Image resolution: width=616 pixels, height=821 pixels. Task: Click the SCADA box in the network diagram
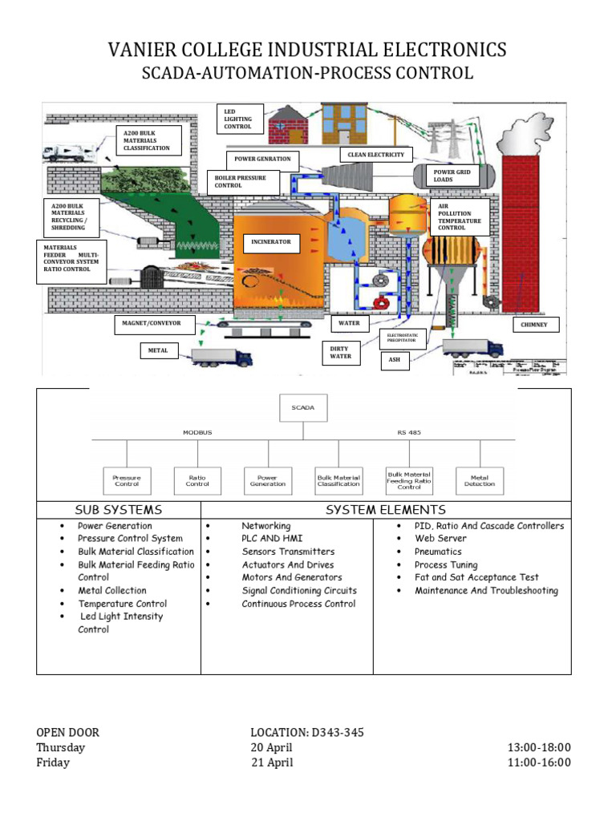point(303,408)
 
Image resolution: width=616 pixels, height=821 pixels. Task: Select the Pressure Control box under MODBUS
point(127,480)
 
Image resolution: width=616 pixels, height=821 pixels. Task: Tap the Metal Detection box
point(480,480)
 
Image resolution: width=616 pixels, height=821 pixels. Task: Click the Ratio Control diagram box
point(197,480)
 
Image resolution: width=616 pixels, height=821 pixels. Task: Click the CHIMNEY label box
point(536,325)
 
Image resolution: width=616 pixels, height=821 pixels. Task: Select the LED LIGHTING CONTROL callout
point(240,118)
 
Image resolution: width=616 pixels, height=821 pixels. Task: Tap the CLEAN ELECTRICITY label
point(376,155)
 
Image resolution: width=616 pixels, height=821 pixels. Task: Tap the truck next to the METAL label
point(222,356)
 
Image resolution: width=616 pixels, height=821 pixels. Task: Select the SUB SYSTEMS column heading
point(118,510)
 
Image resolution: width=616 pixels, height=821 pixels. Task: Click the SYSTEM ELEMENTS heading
point(385,510)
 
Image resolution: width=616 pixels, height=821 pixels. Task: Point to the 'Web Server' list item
point(440,539)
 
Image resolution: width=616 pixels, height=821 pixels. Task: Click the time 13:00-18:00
point(539,747)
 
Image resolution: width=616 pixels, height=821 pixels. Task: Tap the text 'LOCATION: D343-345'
point(301,732)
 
